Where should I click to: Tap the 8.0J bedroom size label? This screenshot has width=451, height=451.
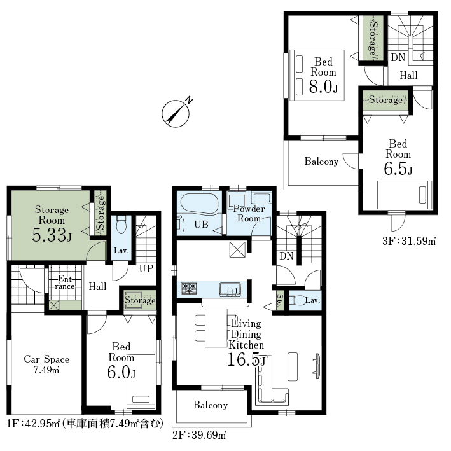click(x=323, y=87)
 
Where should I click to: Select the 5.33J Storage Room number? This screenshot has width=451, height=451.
click(x=52, y=235)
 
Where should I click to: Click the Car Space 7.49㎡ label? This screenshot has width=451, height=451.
click(x=46, y=364)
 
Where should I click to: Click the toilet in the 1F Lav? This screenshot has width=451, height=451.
click(x=121, y=225)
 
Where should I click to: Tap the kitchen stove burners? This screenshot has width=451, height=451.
click(x=189, y=289)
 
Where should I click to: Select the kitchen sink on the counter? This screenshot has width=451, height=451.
click(x=230, y=289)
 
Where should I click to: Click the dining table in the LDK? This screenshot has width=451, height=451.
click(x=216, y=328)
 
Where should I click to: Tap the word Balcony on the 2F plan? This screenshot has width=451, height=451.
click(x=211, y=405)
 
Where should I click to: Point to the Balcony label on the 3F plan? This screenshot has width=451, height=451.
click(x=321, y=162)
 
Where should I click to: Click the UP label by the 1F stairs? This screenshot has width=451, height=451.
click(x=146, y=268)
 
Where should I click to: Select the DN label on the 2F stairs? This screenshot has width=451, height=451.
click(x=286, y=256)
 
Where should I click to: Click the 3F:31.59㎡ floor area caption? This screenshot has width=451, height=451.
click(x=409, y=241)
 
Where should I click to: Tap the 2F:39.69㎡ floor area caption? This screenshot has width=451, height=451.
click(x=199, y=435)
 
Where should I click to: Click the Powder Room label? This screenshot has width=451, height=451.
click(x=249, y=214)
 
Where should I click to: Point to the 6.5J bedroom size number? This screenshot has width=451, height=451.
click(x=398, y=169)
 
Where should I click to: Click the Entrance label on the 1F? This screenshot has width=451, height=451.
click(x=66, y=282)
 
